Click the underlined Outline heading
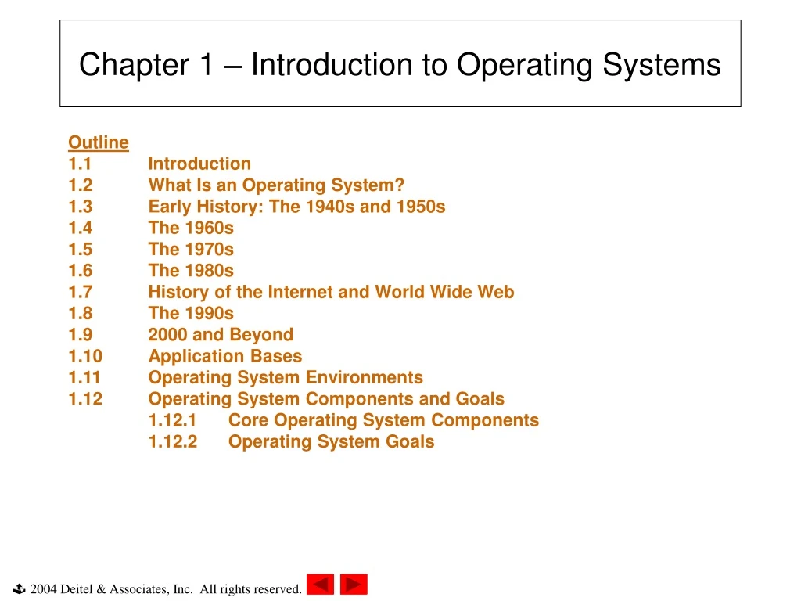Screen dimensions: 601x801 click(x=98, y=142)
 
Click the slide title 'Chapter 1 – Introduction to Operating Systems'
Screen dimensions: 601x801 click(x=400, y=64)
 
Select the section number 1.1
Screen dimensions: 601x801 click(x=80, y=164)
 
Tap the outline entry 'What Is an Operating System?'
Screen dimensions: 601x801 click(x=276, y=185)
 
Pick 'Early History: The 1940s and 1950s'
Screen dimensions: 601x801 click(x=296, y=207)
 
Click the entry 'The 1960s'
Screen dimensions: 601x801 click(x=191, y=228)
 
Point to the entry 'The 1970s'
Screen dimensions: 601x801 click(x=191, y=250)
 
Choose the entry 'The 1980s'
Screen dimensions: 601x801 click(x=191, y=271)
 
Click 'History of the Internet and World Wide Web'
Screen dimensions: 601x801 click(x=331, y=292)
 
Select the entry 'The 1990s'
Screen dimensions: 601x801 click(x=191, y=313)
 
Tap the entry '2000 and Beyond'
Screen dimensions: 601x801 click(x=221, y=335)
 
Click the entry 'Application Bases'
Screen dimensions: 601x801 click(x=224, y=356)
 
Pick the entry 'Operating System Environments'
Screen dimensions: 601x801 click(x=286, y=377)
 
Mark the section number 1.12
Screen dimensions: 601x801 click(x=85, y=399)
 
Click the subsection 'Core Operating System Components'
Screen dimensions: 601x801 click(x=383, y=420)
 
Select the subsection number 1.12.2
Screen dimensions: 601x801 click(x=173, y=441)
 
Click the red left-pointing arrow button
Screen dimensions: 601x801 click(x=320, y=585)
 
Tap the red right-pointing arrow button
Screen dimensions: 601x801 click(x=354, y=585)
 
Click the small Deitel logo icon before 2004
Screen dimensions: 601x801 click(x=20, y=588)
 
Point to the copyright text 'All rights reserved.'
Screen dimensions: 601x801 click(x=250, y=589)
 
